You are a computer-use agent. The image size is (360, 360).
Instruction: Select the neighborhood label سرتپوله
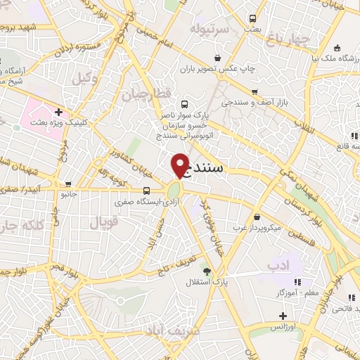[209, 30]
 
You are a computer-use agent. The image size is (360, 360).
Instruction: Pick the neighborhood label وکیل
[85, 79]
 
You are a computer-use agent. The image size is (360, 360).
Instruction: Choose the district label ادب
[278, 265]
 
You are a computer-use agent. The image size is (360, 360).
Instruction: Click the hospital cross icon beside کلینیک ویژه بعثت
[59, 111]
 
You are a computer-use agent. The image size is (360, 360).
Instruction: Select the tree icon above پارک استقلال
[206, 271]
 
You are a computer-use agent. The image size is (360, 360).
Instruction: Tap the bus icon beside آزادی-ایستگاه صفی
[146, 190]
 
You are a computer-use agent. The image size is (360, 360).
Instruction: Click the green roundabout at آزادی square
[173, 191]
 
